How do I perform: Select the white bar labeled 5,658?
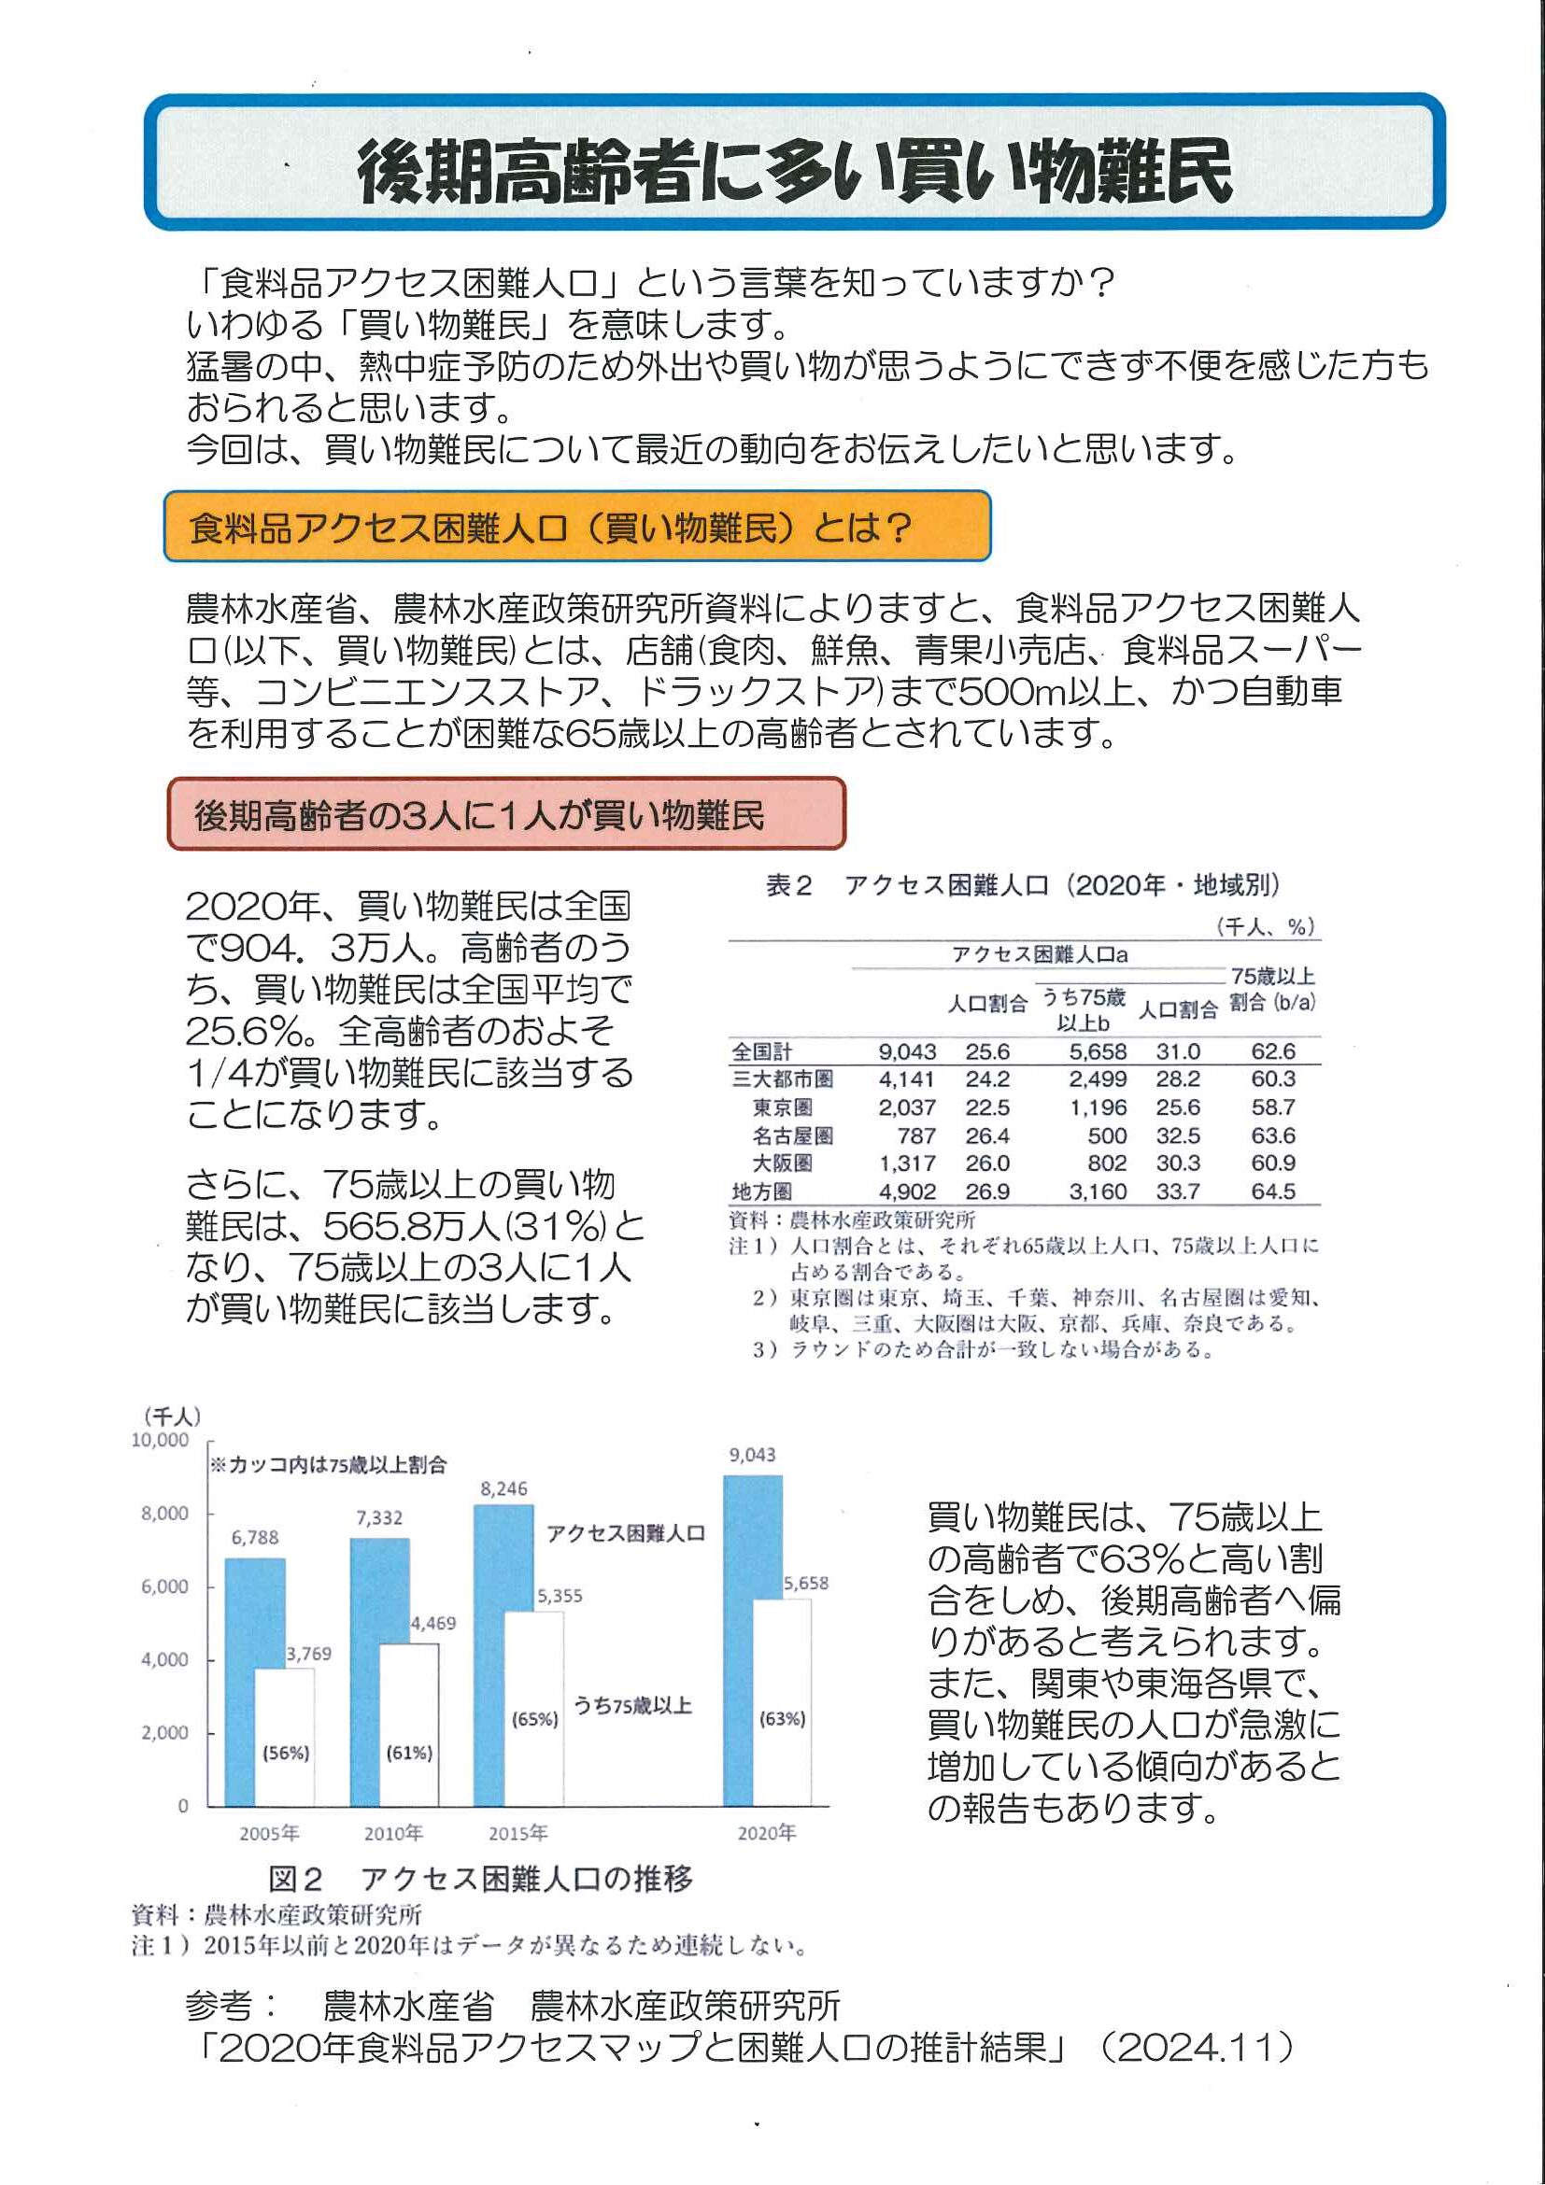[783, 1703]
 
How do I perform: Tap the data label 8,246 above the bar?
[503, 1488]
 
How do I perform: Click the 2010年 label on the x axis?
[393, 1833]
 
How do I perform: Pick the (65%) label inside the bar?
[535, 1719]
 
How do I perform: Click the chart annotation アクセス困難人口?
[626, 1533]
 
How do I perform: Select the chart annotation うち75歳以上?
[632, 1705]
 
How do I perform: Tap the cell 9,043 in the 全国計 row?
[906, 1051]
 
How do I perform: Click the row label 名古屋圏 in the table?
[792, 1135]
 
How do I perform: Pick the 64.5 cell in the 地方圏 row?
[1273, 1191]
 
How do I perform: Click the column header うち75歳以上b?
[1084, 1009]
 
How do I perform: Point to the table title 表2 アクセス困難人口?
[1023, 886]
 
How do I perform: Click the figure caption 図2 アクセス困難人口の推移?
[480, 1880]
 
